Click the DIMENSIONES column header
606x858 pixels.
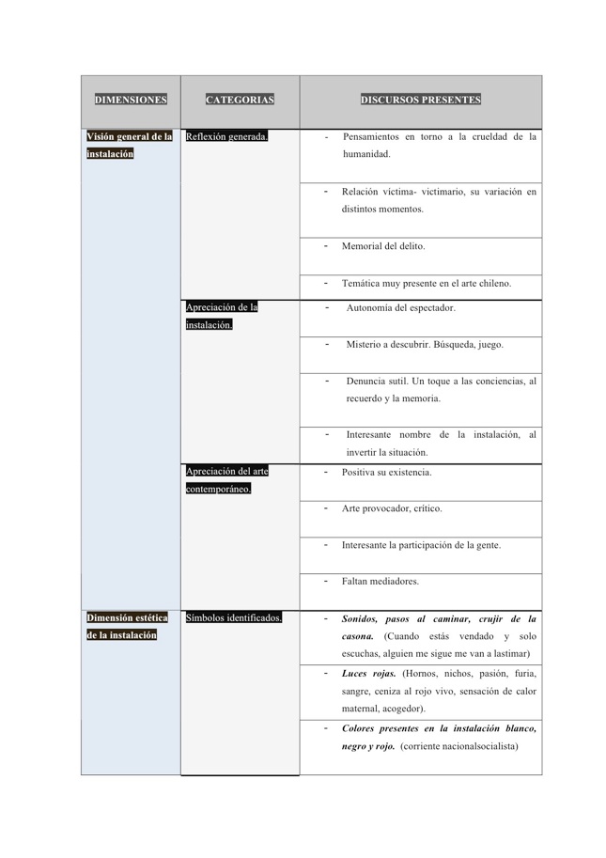131,100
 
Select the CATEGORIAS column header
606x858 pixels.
240,100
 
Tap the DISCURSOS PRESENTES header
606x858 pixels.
420,100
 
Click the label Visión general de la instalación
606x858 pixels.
129,145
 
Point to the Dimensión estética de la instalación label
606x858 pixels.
128,626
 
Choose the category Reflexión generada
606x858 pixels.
227,136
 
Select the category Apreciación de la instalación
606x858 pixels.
222,316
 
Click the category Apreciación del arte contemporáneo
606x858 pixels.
226,479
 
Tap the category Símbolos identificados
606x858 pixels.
234,617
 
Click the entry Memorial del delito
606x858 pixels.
383,246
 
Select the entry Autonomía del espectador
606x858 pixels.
400,307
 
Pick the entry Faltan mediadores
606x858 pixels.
380,582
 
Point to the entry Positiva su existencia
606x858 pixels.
386,472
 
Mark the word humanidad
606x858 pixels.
365,153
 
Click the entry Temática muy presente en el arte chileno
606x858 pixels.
427,283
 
